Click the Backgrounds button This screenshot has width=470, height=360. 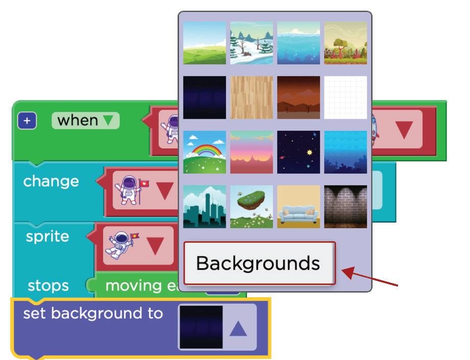259,263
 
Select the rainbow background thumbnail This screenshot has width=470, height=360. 205,152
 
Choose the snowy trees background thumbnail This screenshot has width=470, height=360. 252,43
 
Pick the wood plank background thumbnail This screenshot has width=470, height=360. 252,98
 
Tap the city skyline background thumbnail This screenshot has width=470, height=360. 205,206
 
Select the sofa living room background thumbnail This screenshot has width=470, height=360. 299,206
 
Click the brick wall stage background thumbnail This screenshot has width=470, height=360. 345,206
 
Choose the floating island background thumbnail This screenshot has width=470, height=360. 252,206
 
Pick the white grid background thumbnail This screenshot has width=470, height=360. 345,98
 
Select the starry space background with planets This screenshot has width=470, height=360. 299,152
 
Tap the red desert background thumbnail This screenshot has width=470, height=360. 299,98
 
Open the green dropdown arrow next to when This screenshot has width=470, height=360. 108,121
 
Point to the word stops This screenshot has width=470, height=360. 48,285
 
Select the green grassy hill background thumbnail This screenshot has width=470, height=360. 205,43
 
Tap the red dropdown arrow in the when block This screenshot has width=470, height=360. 404,130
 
